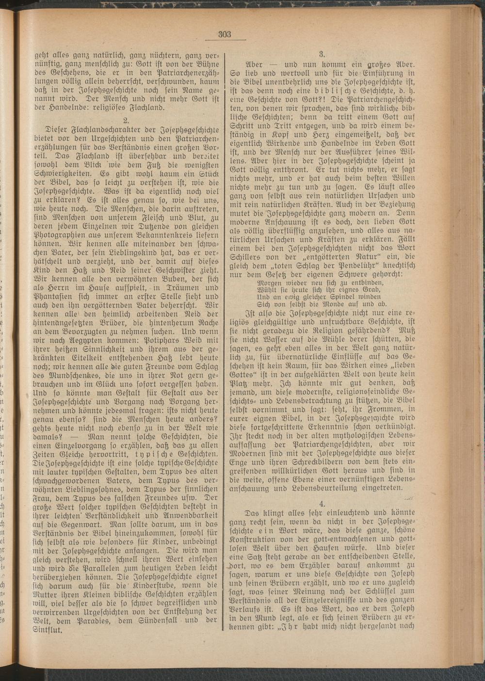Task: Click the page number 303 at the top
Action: click(x=225, y=34)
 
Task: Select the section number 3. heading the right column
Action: click(x=322, y=54)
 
